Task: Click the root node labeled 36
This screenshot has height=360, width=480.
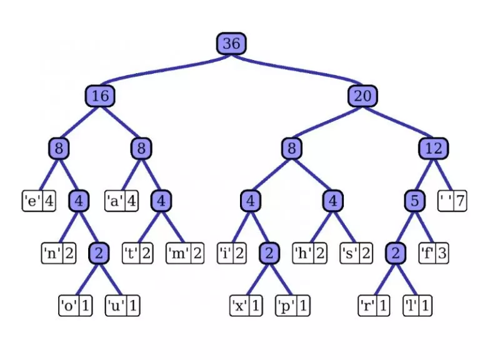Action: [x=231, y=43]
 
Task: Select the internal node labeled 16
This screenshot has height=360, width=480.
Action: [x=100, y=96]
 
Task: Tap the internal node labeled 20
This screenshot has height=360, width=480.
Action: [x=362, y=96]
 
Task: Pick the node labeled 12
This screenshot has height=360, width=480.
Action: [x=434, y=148]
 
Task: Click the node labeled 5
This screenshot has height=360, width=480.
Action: [x=414, y=201]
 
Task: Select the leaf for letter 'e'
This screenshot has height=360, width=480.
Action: [x=39, y=201]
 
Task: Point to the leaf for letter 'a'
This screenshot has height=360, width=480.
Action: [x=121, y=201]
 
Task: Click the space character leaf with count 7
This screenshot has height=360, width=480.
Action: [x=454, y=201]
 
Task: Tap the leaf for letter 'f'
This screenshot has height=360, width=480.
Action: [x=434, y=254]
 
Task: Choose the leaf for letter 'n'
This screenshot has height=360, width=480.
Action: [x=59, y=254]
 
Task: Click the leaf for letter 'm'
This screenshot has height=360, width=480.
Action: [x=185, y=254]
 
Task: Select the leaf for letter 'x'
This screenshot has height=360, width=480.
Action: [x=247, y=306]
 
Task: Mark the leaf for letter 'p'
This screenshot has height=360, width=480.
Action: [x=293, y=306]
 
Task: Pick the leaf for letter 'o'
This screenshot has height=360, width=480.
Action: [x=76, y=306]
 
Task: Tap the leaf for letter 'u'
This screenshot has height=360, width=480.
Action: [x=122, y=306]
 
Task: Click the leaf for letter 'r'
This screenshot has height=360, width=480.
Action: [x=374, y=306]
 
